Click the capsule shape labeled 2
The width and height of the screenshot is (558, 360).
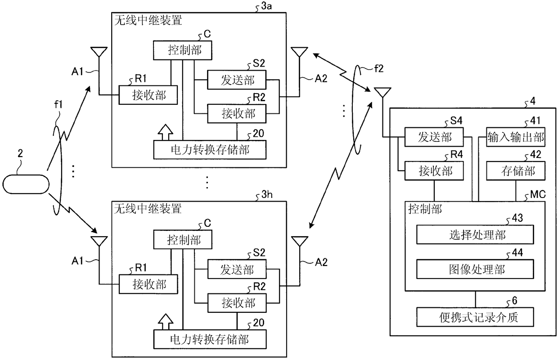[x=26, y=184]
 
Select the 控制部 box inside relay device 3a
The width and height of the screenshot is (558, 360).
[x=183, y=50]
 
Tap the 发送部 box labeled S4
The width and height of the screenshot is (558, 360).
[x=434, y=137]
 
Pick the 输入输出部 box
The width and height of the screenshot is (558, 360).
[x=516, y=137]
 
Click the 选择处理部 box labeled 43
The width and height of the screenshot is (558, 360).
[x=475, y=234]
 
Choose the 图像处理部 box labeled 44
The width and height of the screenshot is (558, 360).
[x=475, y=269]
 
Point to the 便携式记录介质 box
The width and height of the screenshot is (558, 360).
[x=475, y=317]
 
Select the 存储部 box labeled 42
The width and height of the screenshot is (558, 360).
[x=516, y=171]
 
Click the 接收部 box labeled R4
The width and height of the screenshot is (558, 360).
[x=434, y=171]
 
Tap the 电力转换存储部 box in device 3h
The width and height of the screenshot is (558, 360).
[x=210, y=339]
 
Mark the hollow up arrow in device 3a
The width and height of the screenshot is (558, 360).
[x=166, y=133]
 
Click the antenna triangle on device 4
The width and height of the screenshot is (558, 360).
[x=382, y=92]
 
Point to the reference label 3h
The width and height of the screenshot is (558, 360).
[x=267, y=194]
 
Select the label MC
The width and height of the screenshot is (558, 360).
[x=538, y=194]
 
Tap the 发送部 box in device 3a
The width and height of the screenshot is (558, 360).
[x=237, y=80]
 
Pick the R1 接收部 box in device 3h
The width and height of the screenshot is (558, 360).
[x=148, y=284]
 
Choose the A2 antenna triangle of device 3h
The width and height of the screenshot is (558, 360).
[x=300, y=241]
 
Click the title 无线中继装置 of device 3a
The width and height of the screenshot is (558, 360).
[x=148, y=20]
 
